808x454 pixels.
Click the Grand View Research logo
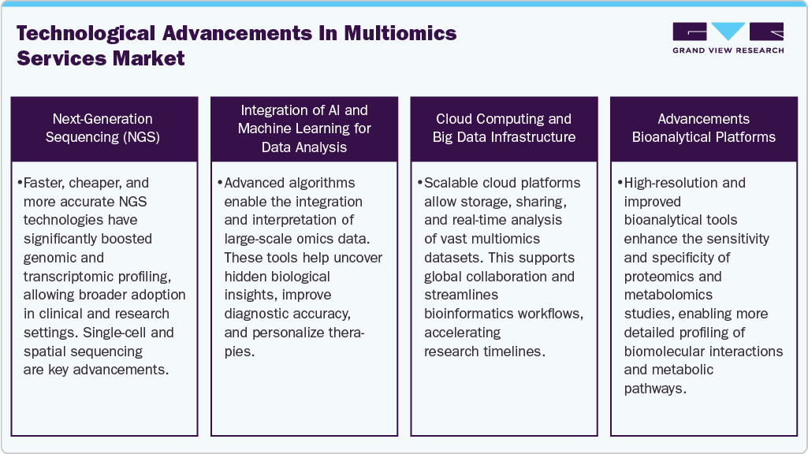(728, 38)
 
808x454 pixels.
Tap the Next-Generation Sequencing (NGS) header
(102, 128)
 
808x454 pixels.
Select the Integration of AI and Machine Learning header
(304, 128)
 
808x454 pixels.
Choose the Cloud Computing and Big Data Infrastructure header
(504, 128)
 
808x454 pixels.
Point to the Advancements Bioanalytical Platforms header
(704, 128)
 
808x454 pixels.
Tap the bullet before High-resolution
(620, 183)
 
